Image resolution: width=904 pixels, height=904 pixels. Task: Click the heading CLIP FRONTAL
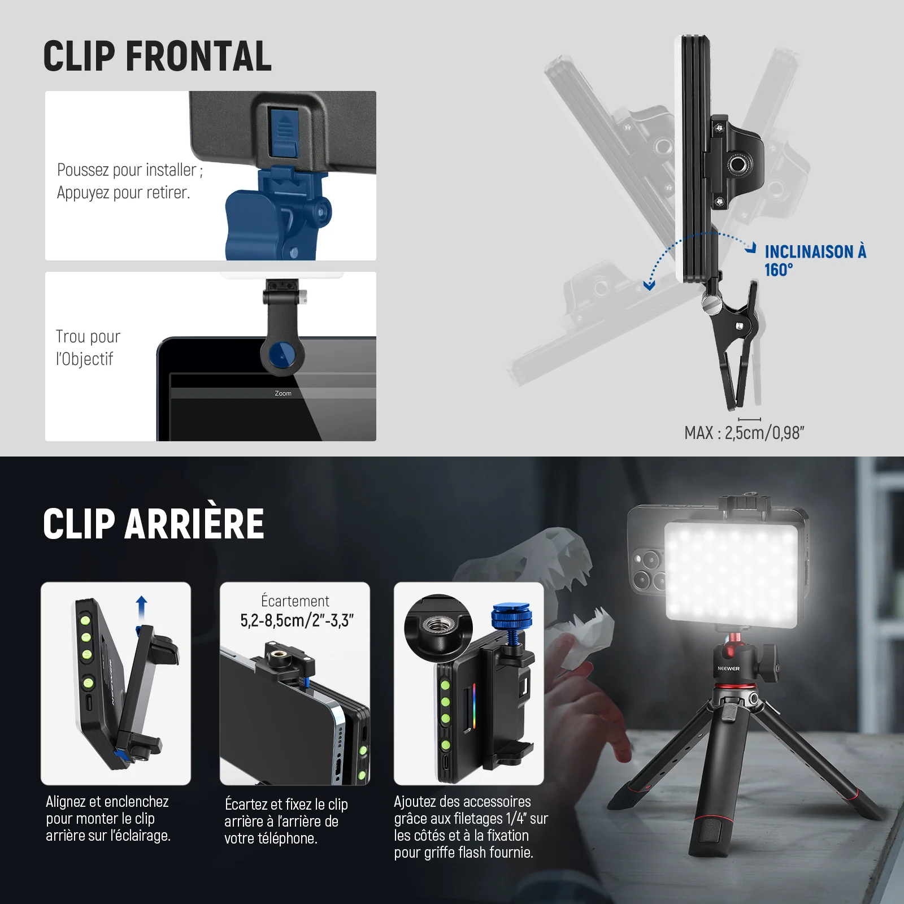pos(158,56)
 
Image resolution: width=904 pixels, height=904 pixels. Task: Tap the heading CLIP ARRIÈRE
pos(154,523)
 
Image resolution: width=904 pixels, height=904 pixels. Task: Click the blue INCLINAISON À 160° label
pos(815,260)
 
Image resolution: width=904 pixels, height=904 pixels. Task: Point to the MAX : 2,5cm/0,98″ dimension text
pos(744,433)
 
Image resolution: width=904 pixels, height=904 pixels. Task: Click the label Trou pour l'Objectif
pos(88,347)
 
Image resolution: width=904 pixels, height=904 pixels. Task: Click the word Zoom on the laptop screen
pos(283,393)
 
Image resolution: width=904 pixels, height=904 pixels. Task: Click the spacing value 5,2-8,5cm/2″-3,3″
pos(297,620)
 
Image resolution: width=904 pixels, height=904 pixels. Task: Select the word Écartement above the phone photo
pos(295,601)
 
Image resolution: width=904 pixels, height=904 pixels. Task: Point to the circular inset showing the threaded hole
pos(437,629)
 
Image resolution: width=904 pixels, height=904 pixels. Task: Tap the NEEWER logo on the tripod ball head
pos(728,668)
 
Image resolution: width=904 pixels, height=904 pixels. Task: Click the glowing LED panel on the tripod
pos(734,571)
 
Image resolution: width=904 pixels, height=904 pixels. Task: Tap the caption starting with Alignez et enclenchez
pos(108,818)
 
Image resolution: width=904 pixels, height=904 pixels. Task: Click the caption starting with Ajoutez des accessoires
pos(471,827)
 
